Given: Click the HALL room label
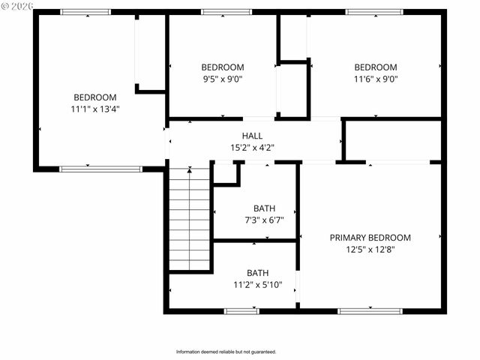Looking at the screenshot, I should [252, 136].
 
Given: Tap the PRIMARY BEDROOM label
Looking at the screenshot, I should [370, 238].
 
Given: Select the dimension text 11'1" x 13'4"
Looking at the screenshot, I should [95, 109].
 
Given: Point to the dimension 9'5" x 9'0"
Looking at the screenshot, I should [222, 78].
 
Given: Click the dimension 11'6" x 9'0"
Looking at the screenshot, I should [376, 78].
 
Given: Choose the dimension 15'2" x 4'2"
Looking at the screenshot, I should [252, 148].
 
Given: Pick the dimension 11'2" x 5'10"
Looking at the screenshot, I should [257, 284].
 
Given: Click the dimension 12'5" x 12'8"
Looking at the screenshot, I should [370, 249].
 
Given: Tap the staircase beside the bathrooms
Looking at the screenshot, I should [190, 218].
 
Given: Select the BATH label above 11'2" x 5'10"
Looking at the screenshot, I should [257, 273].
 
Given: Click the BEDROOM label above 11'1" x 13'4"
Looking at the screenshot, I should [95, 97].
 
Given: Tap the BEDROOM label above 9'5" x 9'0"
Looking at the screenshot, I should [222, 67].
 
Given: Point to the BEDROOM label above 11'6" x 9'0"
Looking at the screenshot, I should [376, 67].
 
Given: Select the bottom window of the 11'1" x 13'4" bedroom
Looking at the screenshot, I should [100, 169].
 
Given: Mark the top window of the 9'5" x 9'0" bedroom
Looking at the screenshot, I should [226, 12].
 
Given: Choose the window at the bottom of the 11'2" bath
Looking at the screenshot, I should [241, 310].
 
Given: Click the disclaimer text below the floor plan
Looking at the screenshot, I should [226, 352].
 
